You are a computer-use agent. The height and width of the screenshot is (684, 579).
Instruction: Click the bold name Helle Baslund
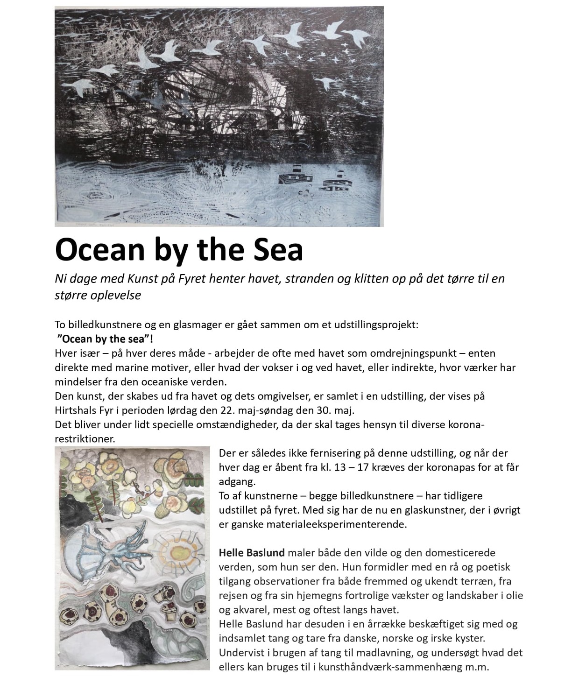(252, 553)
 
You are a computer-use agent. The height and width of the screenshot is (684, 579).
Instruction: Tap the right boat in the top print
(339, 180)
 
